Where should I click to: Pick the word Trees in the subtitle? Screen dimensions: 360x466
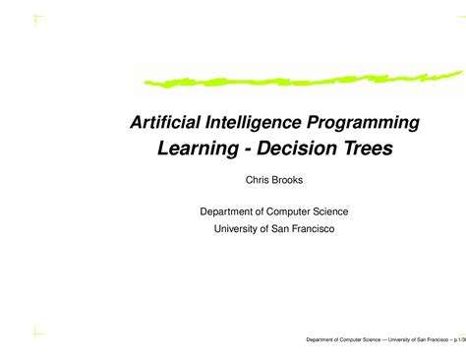366,150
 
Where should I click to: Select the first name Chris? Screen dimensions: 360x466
259,181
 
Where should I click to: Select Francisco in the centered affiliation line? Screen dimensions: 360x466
307,228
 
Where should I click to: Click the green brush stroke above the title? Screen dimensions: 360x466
295,77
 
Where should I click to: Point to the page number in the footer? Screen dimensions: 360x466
459,340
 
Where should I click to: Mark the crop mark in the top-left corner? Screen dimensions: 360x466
35,19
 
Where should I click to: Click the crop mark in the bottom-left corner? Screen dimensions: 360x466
35,331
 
